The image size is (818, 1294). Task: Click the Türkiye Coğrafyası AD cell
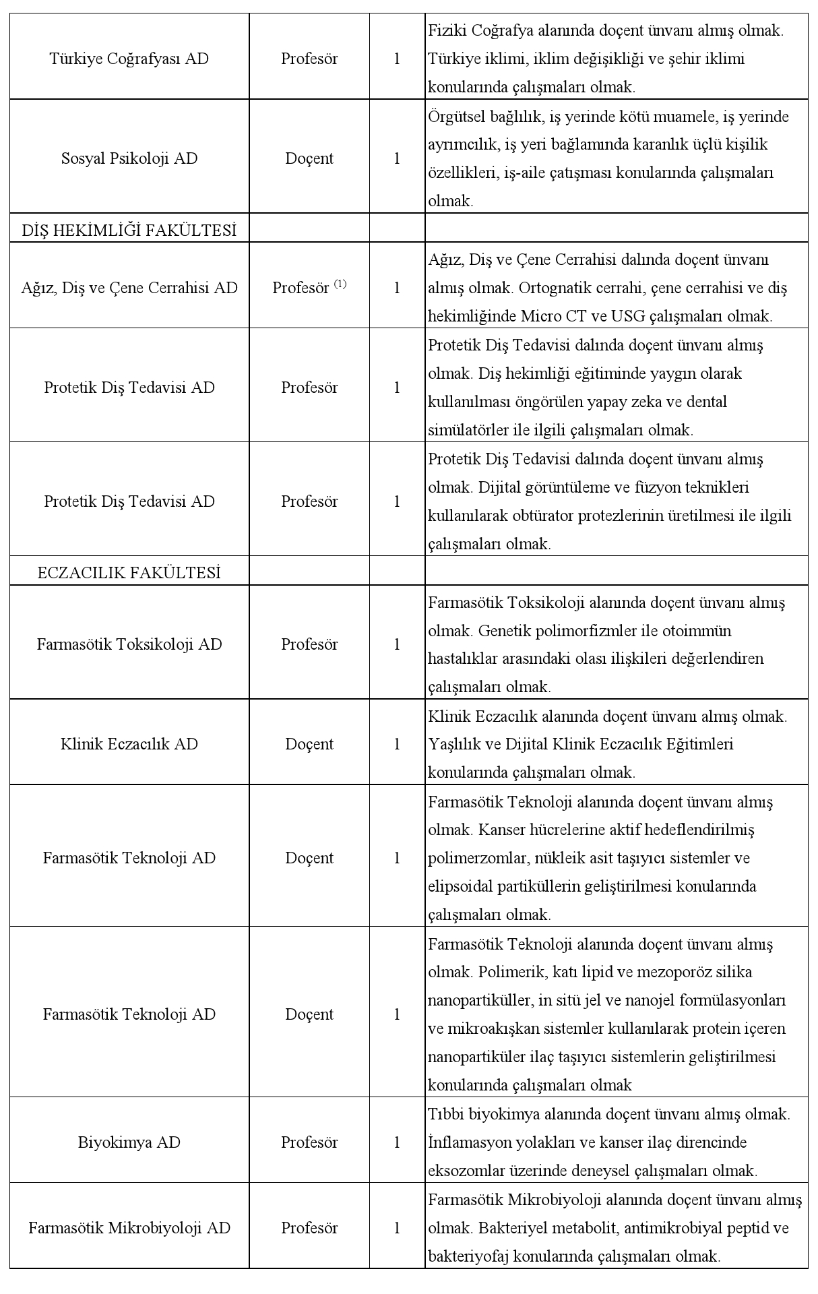[129, 59]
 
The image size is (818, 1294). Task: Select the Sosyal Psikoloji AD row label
[129, 158]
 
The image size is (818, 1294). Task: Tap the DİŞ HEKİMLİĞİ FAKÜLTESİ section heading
[129, 230]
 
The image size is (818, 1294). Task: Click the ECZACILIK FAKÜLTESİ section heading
[129, 573]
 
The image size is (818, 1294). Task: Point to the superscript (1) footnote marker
[340, 284]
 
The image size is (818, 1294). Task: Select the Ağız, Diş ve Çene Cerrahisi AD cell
[129, 288]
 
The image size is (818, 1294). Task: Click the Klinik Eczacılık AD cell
[129, 744]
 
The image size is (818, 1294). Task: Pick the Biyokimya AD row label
[129, 1142]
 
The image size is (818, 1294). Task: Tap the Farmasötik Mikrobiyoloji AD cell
[129, 1228]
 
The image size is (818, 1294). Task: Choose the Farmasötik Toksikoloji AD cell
[129, 644]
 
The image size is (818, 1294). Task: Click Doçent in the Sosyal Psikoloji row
[309, 158]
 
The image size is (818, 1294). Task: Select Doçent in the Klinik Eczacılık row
[309, 744]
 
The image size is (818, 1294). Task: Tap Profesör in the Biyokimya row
[309, 1142]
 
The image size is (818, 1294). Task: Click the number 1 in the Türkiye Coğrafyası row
[397, 59]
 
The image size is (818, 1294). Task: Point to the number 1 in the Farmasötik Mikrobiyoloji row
[397, 1228]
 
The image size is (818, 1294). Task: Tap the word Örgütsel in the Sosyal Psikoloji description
[451, 117]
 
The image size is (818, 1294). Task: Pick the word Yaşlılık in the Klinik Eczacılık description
[453, 744]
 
